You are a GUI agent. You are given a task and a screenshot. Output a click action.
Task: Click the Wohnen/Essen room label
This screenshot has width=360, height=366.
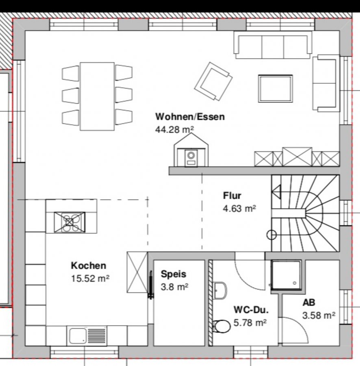coord(190,117)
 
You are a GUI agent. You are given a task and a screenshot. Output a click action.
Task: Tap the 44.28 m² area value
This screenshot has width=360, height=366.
coord(174,129)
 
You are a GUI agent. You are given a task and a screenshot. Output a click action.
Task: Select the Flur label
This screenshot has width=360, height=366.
coord(232,196)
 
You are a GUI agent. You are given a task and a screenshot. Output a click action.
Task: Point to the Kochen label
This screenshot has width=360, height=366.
coord(89,266)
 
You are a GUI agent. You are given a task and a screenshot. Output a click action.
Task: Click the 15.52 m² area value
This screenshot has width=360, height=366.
coord(90,278)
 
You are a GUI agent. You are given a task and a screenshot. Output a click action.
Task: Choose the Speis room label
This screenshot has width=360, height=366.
coord(173,274)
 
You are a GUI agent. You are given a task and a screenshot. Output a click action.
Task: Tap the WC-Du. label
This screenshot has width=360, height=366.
coord(251,310)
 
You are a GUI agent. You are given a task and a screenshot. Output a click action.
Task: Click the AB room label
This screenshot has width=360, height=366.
coord(309,303)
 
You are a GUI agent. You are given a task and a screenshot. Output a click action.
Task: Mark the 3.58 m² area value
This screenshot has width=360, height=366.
coord(319,315)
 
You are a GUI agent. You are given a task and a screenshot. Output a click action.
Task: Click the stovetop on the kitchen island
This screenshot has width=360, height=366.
coord(69,222)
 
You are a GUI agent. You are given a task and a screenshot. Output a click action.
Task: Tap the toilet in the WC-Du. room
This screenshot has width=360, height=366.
coord(222,326)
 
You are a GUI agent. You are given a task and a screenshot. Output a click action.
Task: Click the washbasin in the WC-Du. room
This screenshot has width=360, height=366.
coord(220,291)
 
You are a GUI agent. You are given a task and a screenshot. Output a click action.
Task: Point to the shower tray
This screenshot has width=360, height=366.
coord(286,275)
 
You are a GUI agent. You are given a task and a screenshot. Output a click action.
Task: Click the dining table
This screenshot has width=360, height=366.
coord(97,96)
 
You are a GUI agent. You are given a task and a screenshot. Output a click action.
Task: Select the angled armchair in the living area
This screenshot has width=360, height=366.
coord(213,81)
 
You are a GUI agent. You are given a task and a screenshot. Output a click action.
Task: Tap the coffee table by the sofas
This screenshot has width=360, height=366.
coord(275,89)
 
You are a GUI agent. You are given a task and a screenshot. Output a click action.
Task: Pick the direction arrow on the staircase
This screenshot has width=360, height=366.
coord(277,192)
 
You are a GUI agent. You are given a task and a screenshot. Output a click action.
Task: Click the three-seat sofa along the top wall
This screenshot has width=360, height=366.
coord(273,45)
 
